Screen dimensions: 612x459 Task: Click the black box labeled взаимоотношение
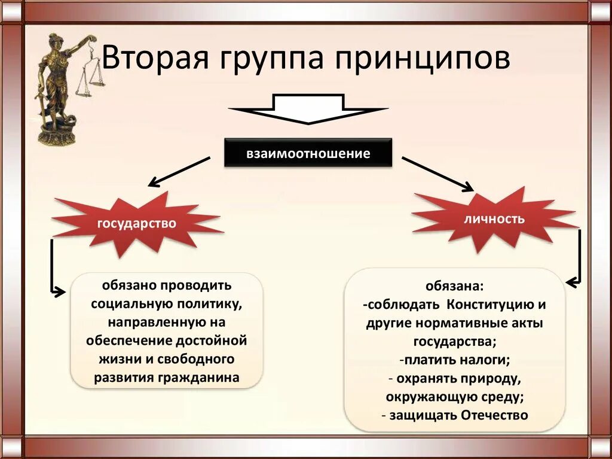(308, 153)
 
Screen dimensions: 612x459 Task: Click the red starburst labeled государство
(137, 224)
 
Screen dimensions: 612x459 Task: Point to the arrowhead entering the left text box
(60, 293)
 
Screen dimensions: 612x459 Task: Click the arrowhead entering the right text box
(572, 280)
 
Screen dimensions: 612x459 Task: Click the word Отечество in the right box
(495, 415)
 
